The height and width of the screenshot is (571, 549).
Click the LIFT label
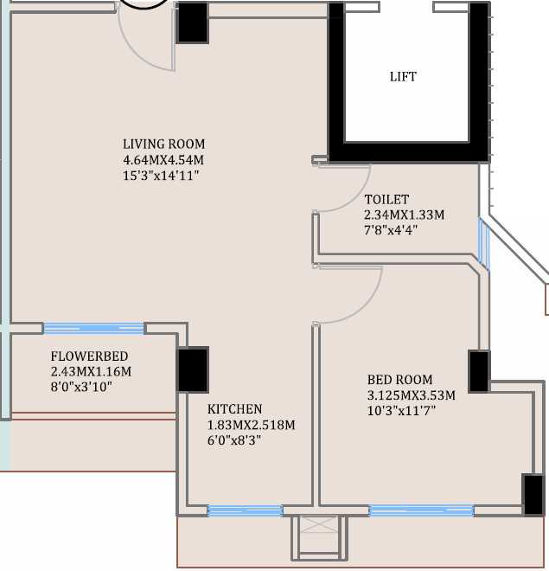pos(403,77)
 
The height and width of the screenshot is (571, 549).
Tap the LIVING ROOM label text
pos(164,144)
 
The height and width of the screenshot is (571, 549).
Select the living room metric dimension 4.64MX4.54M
pos(164,160)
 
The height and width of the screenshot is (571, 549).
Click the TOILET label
pos(386,200)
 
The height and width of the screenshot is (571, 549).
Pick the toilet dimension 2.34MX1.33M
pos(404,215)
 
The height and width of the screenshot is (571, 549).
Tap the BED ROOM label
pos(399,380)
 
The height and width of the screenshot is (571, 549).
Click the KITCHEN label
pos(234,409)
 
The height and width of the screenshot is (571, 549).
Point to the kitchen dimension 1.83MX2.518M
pos(251,425)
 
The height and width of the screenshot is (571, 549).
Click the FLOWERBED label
pos(90,356)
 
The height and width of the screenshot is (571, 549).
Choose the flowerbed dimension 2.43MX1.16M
pos(91,372)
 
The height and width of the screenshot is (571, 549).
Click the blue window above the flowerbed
pos(93,328)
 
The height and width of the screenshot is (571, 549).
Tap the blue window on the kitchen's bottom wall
pos(245,510)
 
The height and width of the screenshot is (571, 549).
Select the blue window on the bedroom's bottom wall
pos(421,510)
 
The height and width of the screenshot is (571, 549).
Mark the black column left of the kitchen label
pos(193,369)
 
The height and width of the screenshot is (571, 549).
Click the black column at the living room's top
pos(192,23)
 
